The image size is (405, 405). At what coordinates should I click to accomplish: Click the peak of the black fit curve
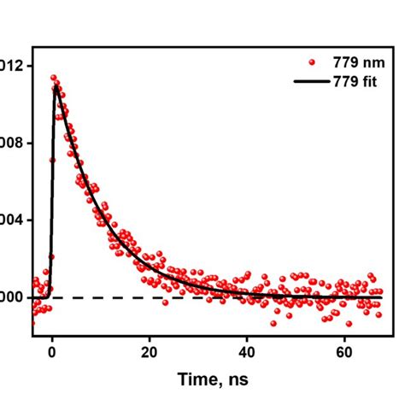(x=56, y=86)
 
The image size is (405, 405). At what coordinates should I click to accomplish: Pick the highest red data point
(x=53, y=78)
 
